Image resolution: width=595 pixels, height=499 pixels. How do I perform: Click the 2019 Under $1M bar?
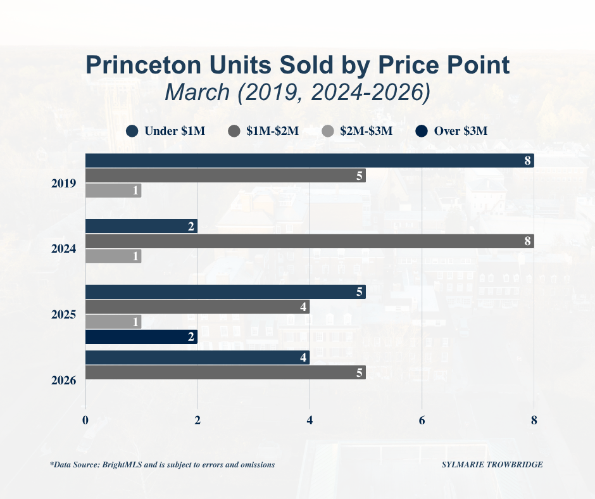click(309, 160)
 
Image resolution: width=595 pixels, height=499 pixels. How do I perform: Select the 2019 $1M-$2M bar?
click(225, 175)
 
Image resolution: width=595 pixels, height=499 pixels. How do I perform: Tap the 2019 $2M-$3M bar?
click(113, 191)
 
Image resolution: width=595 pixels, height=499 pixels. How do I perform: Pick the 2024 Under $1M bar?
click(141, 226)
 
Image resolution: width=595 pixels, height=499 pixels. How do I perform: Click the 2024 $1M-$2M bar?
click(309, 241)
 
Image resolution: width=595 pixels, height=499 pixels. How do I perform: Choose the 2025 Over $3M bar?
click(141, 337)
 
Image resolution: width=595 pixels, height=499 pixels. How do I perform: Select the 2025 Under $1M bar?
click(225, 292)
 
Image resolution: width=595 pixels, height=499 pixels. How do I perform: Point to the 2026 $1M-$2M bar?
click(225, 372)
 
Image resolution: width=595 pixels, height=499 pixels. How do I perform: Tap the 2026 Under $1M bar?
click(197, 357)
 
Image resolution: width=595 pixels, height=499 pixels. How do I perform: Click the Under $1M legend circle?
click(132, 131)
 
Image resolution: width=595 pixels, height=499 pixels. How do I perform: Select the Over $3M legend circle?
click(421, 131)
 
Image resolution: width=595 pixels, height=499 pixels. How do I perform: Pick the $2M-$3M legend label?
click(366, 131)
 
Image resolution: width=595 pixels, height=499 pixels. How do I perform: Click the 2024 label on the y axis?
click(64, 249)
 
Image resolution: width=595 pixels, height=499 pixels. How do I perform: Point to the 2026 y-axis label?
click(64, 381)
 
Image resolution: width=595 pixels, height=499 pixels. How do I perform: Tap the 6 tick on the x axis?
click(422, 420)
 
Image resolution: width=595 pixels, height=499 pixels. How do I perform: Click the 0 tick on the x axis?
click(85, 420)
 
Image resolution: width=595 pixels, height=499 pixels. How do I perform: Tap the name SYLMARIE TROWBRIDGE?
click(492, 465)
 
